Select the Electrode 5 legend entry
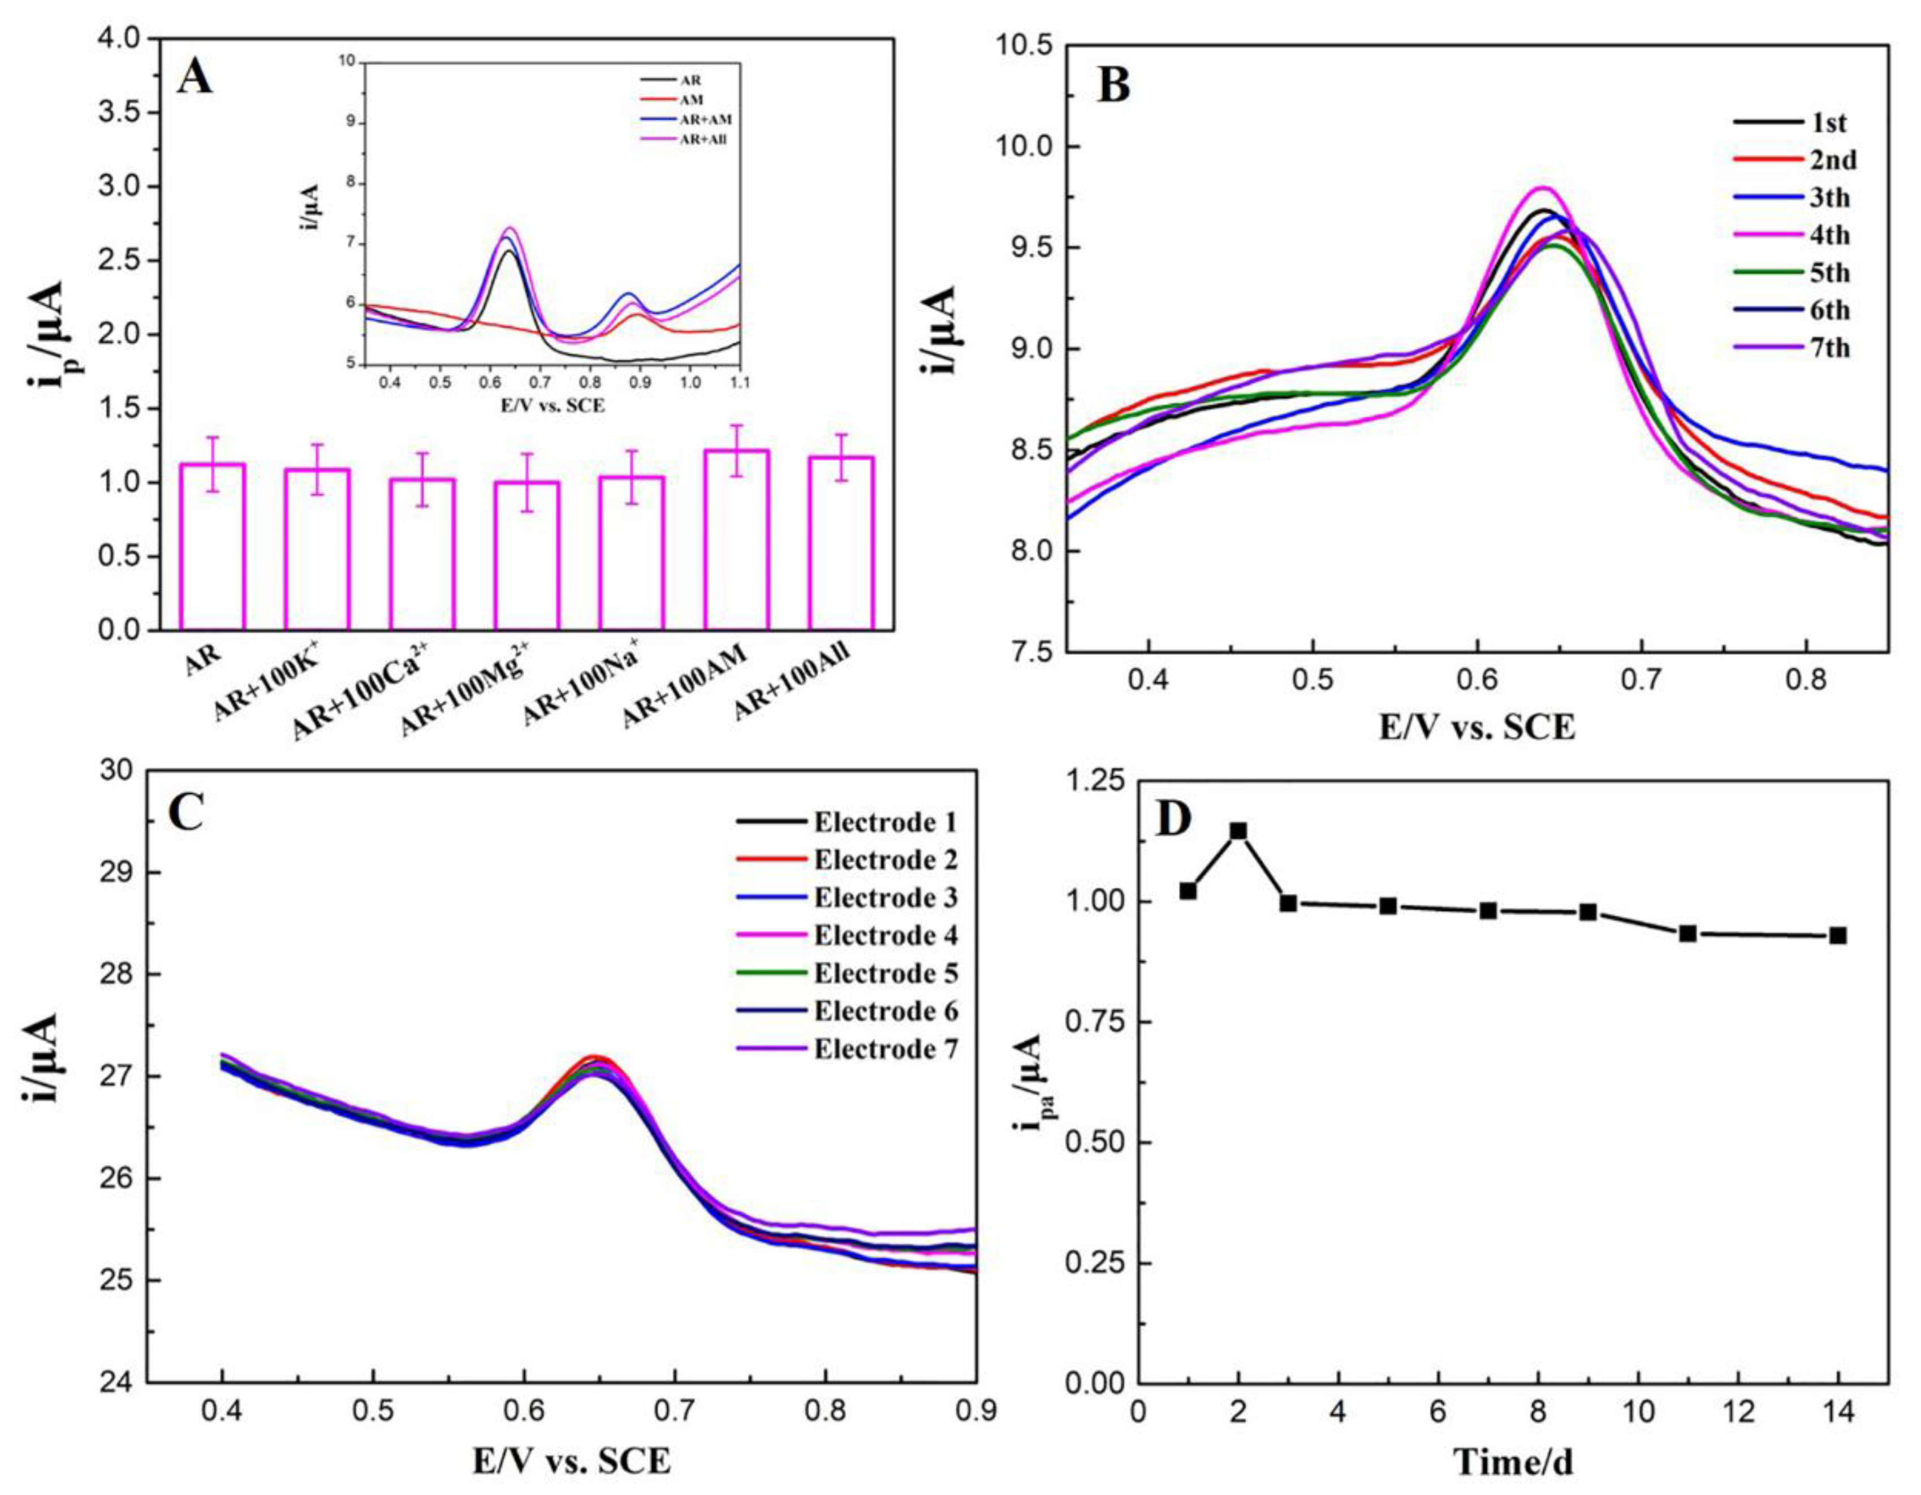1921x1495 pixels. coord(885,974)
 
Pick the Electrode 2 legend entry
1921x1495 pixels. coord(885,860)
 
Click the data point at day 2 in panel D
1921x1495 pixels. coord(1238,831)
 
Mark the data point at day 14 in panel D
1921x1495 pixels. coord(1837,936)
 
